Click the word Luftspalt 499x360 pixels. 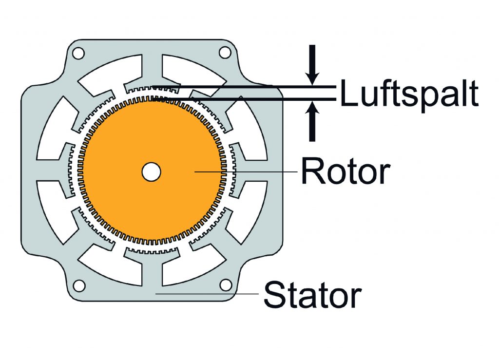(x=409, y=94)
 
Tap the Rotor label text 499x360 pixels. (x=345, y=171)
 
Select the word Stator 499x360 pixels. (x=312, y=294)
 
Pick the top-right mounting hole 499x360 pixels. (x=225, y=51)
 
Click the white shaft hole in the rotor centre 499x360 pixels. (x=152, y=171)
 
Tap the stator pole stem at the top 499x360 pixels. (x=152, y=68)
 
